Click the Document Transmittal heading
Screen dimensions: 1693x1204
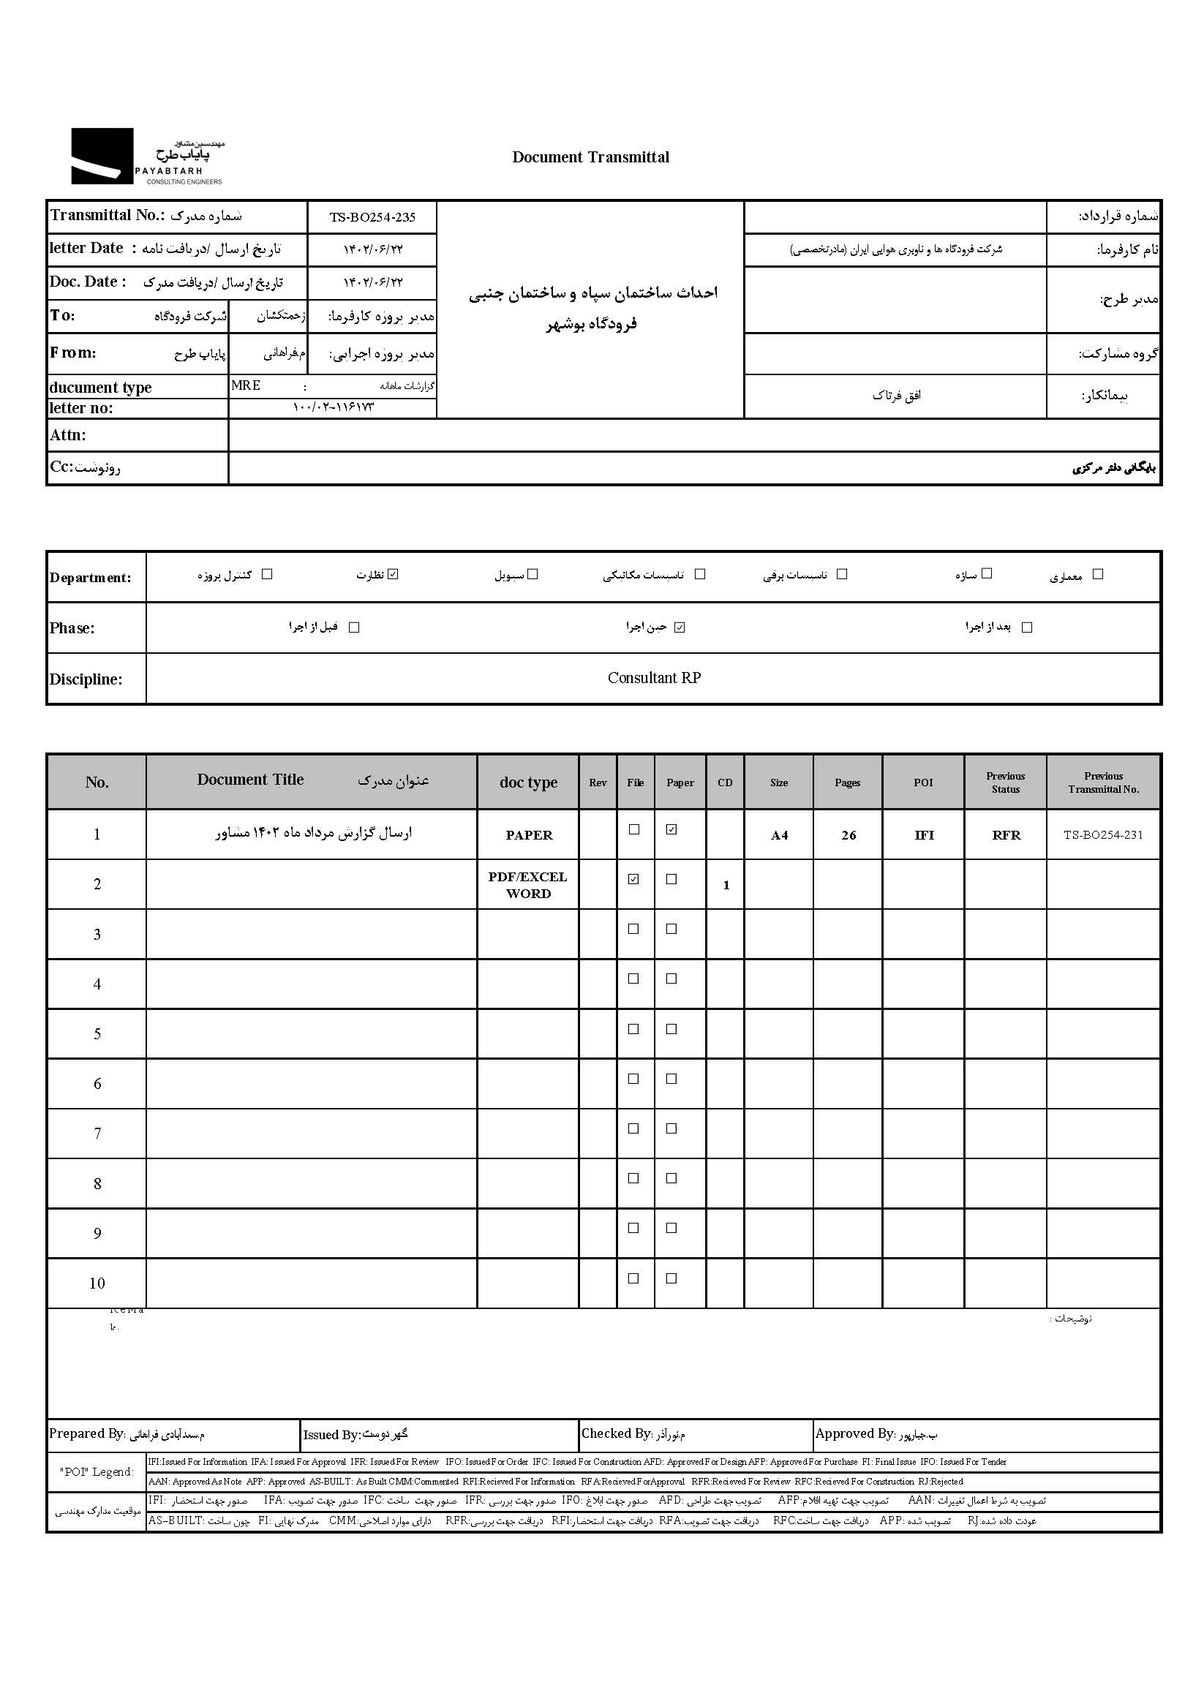point(590,157)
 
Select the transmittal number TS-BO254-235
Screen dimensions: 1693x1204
point(372,217)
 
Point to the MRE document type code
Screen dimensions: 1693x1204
point(245,385)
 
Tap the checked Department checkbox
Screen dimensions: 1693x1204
point(394,574)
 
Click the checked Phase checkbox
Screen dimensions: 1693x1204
point(680,627)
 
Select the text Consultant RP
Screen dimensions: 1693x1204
point(654,677)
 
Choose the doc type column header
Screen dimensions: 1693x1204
point(528,783)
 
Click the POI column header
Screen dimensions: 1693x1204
point(923,783)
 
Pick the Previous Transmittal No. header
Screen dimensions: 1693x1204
point(1103,783)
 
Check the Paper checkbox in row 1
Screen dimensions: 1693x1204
point(671,829)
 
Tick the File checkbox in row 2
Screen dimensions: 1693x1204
point(633,879)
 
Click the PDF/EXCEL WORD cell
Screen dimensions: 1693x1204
point(528,885)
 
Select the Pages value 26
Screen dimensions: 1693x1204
point(848,835)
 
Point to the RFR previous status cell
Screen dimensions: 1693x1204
point(1006,835)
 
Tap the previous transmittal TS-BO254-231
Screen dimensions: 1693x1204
point(1103,835)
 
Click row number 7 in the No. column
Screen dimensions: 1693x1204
point(97,1134)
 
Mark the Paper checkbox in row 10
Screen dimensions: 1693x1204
point(671,1278)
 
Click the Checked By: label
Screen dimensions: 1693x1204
point(616,1433)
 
